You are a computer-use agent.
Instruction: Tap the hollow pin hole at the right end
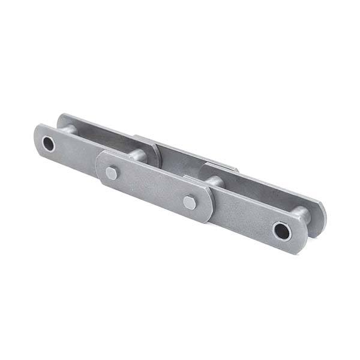[x=281, y=230]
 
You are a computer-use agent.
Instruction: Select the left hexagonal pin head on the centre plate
[x=112, y=173]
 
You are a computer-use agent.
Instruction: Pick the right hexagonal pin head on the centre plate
[x=190, y=202]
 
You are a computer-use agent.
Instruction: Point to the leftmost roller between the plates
[x=67, y=129]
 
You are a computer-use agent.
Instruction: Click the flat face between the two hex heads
[x=150, y=187]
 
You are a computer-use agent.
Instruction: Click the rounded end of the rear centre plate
[x=156, y=152]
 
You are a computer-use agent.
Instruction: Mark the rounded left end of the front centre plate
[x=100, y=165]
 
